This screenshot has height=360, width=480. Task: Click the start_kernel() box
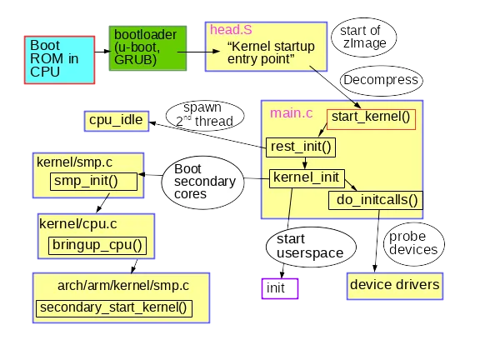pyautogui.click(x=371, y=117)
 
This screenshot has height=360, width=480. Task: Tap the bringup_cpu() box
pyautogui.click(x=97, y=245)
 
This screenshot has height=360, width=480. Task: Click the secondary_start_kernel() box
pyautogui.click(x=113, y=307)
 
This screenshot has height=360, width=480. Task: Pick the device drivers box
pyautogui.click(x=393, y=285)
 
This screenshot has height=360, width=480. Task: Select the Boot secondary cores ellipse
pyautogui.click(x=204, y=182)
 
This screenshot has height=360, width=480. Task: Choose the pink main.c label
pyautogui.click(x=283, y=112)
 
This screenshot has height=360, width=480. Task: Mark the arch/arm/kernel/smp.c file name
pyautogui.click(x=122, y=285)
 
